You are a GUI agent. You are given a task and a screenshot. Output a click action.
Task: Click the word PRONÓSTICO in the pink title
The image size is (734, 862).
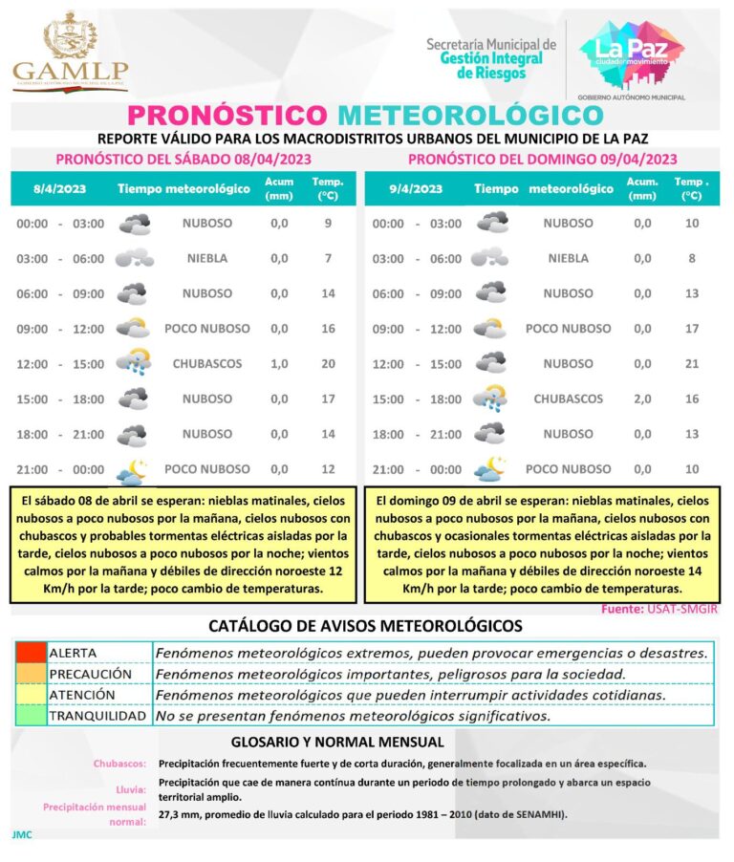(228, 115)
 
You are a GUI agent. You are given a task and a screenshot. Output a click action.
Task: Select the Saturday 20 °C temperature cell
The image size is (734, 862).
(328, 364)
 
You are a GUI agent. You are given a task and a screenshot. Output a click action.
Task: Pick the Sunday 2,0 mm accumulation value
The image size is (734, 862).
(642, 399)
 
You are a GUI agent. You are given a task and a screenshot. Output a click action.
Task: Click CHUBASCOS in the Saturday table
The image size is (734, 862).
(207, 364)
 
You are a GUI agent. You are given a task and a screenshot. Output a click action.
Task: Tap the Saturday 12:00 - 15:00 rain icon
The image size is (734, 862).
(133, 364)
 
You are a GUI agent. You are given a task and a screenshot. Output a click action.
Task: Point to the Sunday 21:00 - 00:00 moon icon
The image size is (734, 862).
(490, 469)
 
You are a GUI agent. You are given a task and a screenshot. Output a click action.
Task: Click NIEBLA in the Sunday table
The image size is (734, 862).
(569, 258)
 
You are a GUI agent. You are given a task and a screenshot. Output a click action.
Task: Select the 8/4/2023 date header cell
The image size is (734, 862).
(59, 188)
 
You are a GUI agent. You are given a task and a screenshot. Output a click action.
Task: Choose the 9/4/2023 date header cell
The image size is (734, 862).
(416, 188)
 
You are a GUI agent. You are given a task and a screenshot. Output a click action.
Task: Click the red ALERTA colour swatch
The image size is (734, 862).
(30, 653)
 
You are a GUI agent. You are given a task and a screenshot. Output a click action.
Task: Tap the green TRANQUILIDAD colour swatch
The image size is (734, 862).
(30, 716)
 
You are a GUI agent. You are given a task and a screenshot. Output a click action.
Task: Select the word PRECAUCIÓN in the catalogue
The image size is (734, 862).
(90, 674)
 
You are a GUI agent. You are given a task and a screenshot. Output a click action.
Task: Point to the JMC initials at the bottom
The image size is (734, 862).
(22, 834)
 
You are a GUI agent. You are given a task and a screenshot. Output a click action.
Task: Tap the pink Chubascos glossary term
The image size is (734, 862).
(119, 764)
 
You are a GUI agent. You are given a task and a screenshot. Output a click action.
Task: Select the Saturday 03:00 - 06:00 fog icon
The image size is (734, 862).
(134, 258)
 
